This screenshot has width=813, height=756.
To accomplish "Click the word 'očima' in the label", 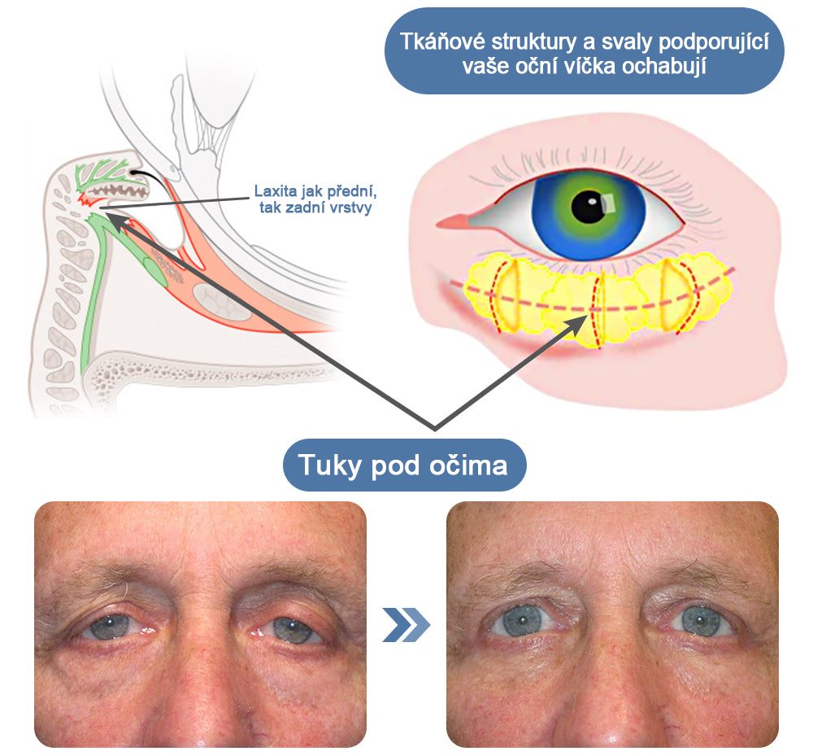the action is pyautogui.click(x=468, y=465).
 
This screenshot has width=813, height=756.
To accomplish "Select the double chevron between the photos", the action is pyautogui.click(x=406, y=624).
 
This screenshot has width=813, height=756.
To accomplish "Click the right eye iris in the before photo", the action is pyautogui.click(x=291, y=629).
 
